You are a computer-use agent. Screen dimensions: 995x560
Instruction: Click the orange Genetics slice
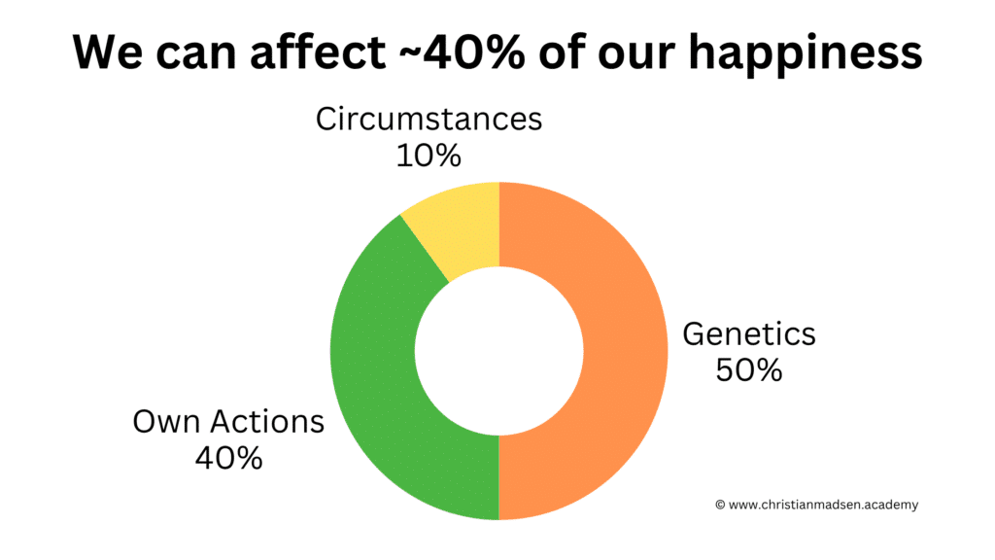coord(625,350)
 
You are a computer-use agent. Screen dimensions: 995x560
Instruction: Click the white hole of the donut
coord(498,350)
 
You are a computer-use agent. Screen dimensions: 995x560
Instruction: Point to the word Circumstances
coord(429,119)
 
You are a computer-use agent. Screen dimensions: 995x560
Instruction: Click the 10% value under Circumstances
coord(429,156)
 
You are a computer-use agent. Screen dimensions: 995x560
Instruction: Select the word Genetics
coord(749,334)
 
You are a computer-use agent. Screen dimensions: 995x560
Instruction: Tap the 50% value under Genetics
coord(749,370)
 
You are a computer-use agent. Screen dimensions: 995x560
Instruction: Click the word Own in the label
coord(167,422)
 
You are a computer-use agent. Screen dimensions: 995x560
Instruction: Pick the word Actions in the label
coord(267,422)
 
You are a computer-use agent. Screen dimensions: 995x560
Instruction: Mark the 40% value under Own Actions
coord(228,459)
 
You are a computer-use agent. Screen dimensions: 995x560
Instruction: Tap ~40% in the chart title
coord(462,52)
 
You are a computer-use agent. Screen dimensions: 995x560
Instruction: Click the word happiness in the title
coord(806,53)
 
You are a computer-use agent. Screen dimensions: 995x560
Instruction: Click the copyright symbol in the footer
coord(720,505)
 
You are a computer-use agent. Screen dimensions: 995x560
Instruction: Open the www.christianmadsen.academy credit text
coord(823,505)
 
